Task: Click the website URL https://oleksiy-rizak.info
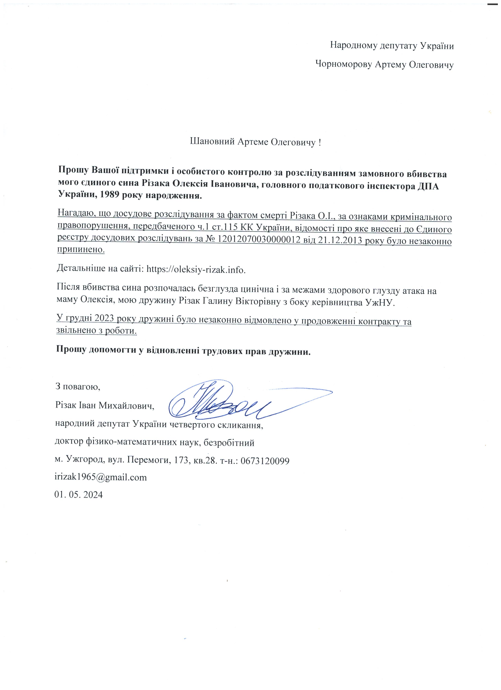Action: [x=196, y=269]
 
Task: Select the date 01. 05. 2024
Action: [x=78, y=494]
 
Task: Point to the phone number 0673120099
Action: [x=265, y=461]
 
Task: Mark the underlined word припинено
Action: [x=81, y=250]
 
